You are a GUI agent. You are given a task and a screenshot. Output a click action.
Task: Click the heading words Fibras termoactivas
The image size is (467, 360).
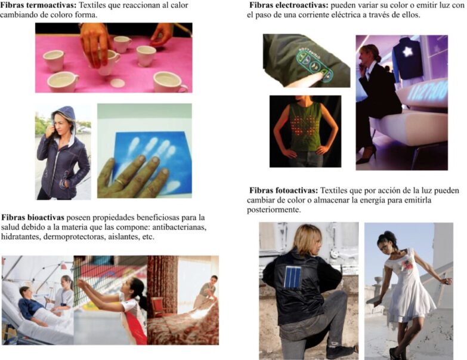pos(40,5)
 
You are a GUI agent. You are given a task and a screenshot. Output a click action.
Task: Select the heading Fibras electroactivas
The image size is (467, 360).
pos(287,5)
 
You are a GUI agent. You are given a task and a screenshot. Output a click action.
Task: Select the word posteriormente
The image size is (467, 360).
pos(275,210)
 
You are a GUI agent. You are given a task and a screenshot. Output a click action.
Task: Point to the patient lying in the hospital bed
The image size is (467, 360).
pos(29,306)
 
